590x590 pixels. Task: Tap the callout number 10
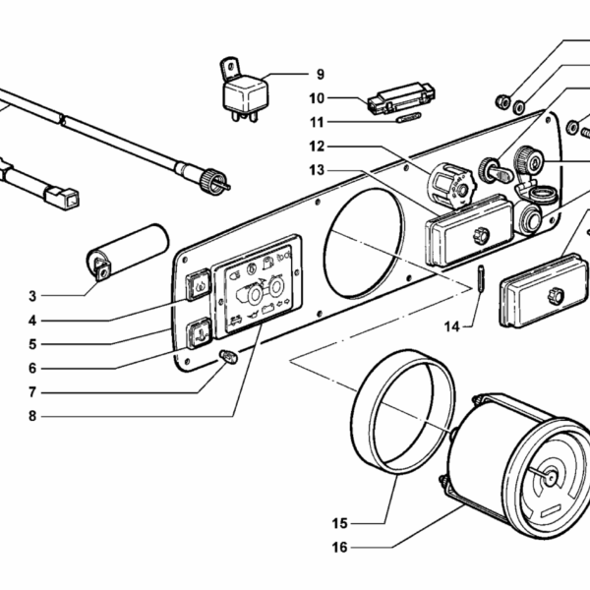[316, 98]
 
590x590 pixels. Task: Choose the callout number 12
[316, 146]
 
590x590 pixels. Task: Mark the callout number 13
[316, 169]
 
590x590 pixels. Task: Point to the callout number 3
[32, 296]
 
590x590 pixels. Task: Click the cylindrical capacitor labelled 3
[128, 248]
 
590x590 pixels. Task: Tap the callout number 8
[32, 416]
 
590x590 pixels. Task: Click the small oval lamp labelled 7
[231, 358]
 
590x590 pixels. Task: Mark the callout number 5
[32, 344]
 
